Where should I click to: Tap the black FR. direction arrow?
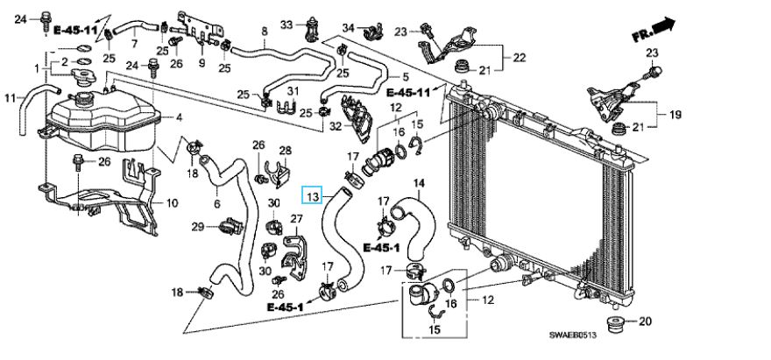[x=666, y=26]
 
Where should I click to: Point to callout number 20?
[x=647, y=321]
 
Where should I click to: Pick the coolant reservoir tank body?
[x=101, y=123]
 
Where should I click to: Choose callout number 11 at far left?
[x=11, y=98]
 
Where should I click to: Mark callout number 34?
[x=348, y=28]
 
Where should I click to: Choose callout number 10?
[x=173, y=203]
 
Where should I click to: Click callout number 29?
[x=199, y=227]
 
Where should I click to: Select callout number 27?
[x=295, y=218]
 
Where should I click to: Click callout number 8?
[x=264, y=32]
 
